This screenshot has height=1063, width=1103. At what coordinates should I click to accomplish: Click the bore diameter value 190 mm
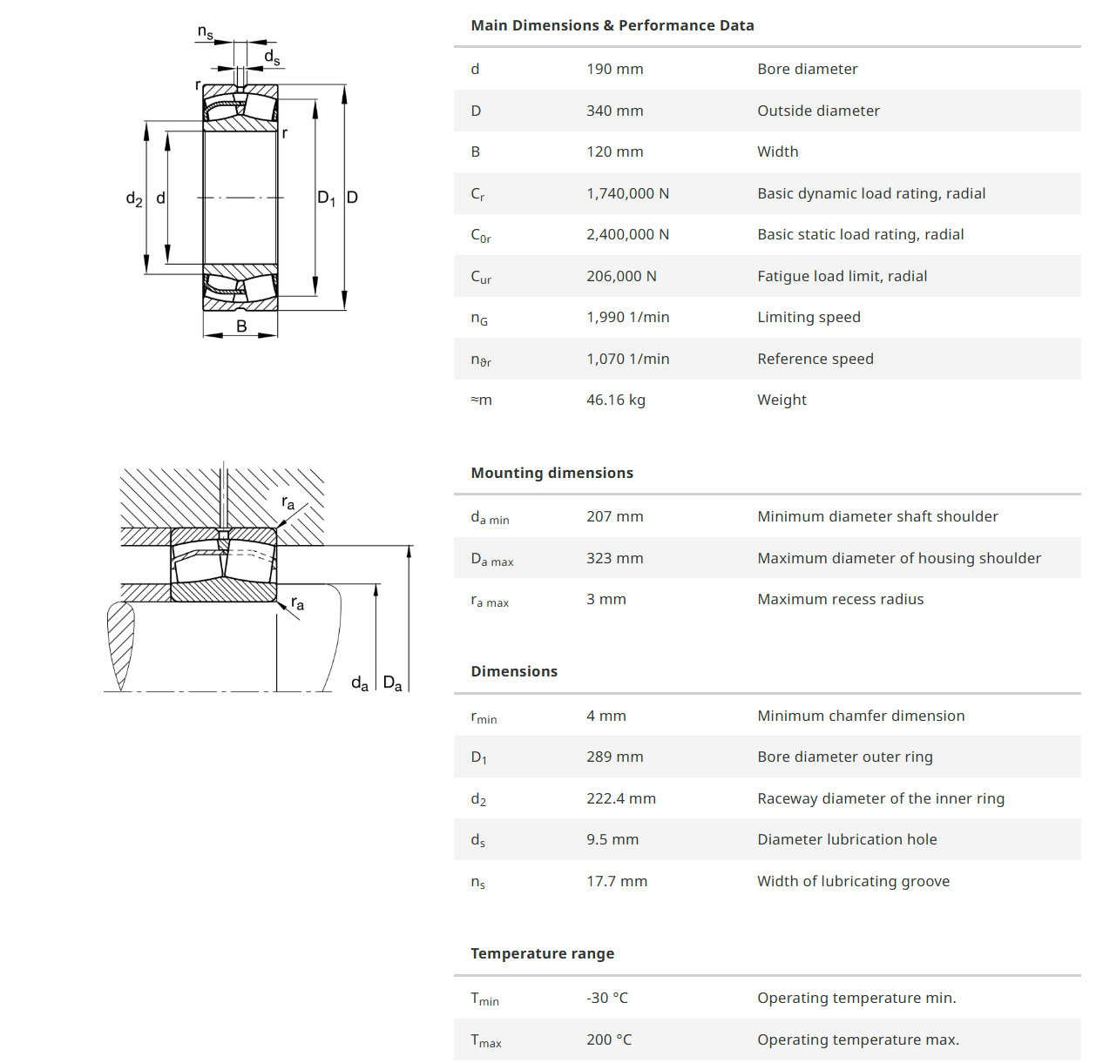(x=614, y=69)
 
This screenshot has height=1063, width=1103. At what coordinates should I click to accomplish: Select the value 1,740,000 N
(x=627, y=193)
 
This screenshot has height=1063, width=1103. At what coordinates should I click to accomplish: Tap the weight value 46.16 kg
(x=615, y=400)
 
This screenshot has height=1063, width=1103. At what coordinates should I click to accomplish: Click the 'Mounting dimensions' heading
(x=551, y=473)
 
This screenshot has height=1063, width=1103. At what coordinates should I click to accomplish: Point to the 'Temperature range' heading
(x=542, y=953)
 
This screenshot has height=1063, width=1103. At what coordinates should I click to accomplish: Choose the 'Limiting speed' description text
(x=809, y=317)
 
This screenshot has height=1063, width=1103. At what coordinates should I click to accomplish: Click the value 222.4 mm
(x=620, y=798)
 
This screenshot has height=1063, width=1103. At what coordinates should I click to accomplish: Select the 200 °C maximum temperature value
(x=609, y=1039)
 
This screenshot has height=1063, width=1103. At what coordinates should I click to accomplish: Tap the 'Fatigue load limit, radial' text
(x=842, y=276)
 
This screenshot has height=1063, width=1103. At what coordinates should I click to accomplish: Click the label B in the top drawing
(x=241, y=326)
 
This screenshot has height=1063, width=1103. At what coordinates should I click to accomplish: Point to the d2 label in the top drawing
(x=134, y=198)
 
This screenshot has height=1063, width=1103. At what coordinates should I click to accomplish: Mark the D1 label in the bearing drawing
(x=326, y=198)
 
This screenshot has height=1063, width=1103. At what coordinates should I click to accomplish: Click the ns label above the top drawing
(x=206, y=33)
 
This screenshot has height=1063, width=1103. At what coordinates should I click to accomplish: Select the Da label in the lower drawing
(x=393, y=683)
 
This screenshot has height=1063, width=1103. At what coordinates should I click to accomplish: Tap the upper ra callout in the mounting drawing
(x=288, y=503)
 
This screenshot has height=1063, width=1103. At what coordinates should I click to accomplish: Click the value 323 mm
(x=614, y=558)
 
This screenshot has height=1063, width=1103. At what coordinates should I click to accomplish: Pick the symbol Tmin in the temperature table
(x=484, y=999)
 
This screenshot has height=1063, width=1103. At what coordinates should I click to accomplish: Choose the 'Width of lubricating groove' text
(x=853, y=881)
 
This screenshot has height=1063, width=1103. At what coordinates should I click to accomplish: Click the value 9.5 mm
(x=612, y=839)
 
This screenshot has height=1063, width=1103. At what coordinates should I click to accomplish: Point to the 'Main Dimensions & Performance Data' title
(x=612, y=25)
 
